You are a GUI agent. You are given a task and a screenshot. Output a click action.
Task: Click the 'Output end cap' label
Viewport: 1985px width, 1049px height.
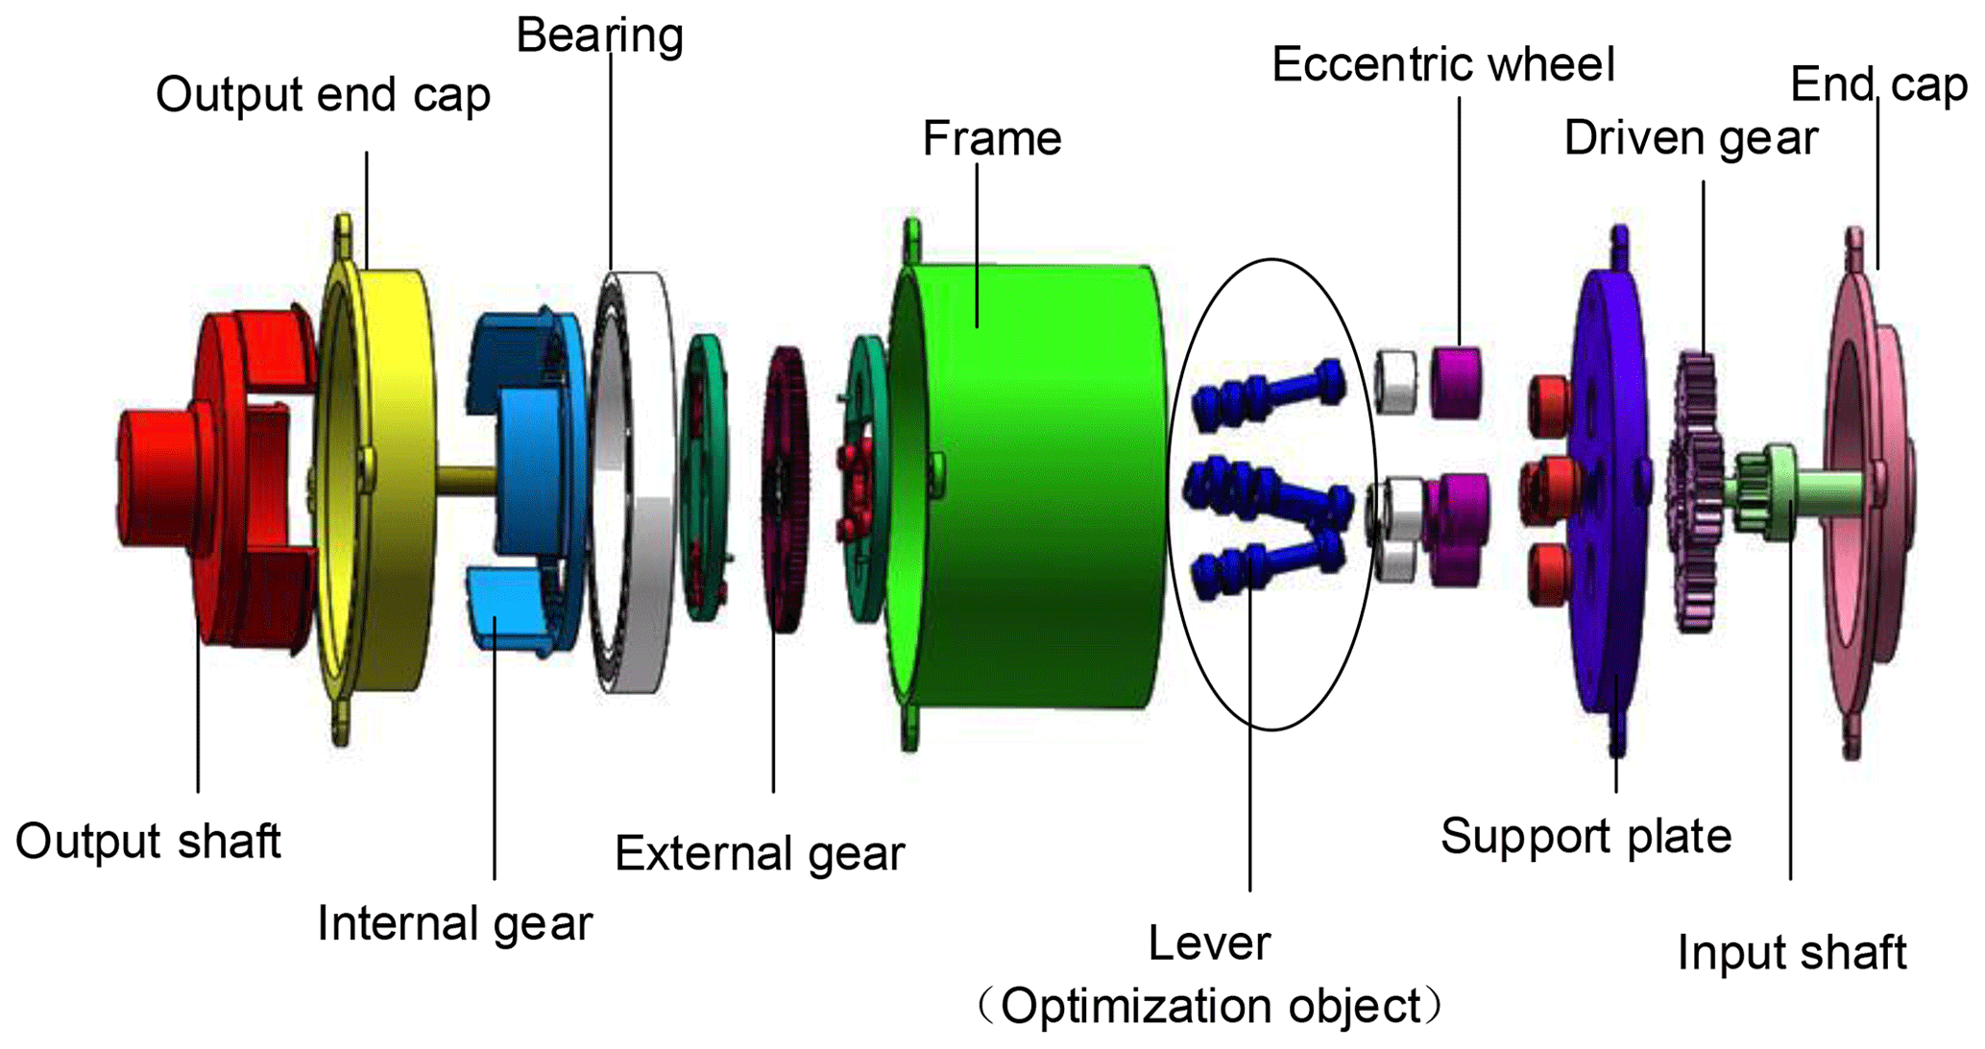[x=323, y=95]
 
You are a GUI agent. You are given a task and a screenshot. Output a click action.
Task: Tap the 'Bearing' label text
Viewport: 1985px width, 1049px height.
[x=599, y=36]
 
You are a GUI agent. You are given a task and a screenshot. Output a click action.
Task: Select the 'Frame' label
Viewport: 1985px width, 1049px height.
[x=992, y=138]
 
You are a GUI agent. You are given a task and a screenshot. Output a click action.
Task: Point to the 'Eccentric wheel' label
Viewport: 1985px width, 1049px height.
[x=1442, y=65]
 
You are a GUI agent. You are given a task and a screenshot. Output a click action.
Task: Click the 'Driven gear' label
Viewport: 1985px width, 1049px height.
[x=1690, y=138]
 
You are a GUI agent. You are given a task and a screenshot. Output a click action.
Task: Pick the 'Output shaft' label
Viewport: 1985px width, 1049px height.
[x=148, y=842]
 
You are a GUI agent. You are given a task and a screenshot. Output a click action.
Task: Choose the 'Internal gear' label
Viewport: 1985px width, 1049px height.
[x=454, y=924]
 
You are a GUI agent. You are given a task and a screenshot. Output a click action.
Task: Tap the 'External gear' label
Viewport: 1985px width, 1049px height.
[x=759, y=853]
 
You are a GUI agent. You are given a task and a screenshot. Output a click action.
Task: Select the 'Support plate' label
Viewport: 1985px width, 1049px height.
[x=1586, y=836]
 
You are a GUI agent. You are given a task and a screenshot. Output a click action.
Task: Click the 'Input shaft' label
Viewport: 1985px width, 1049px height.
[x=1791, y=953]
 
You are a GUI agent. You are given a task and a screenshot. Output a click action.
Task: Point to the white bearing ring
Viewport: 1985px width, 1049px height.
[x=639, y=480]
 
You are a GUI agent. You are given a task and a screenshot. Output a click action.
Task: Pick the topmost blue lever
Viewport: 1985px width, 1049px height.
[x=1268, y=393]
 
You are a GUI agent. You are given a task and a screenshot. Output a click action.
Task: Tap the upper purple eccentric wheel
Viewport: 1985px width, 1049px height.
[x=1456, y=382]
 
